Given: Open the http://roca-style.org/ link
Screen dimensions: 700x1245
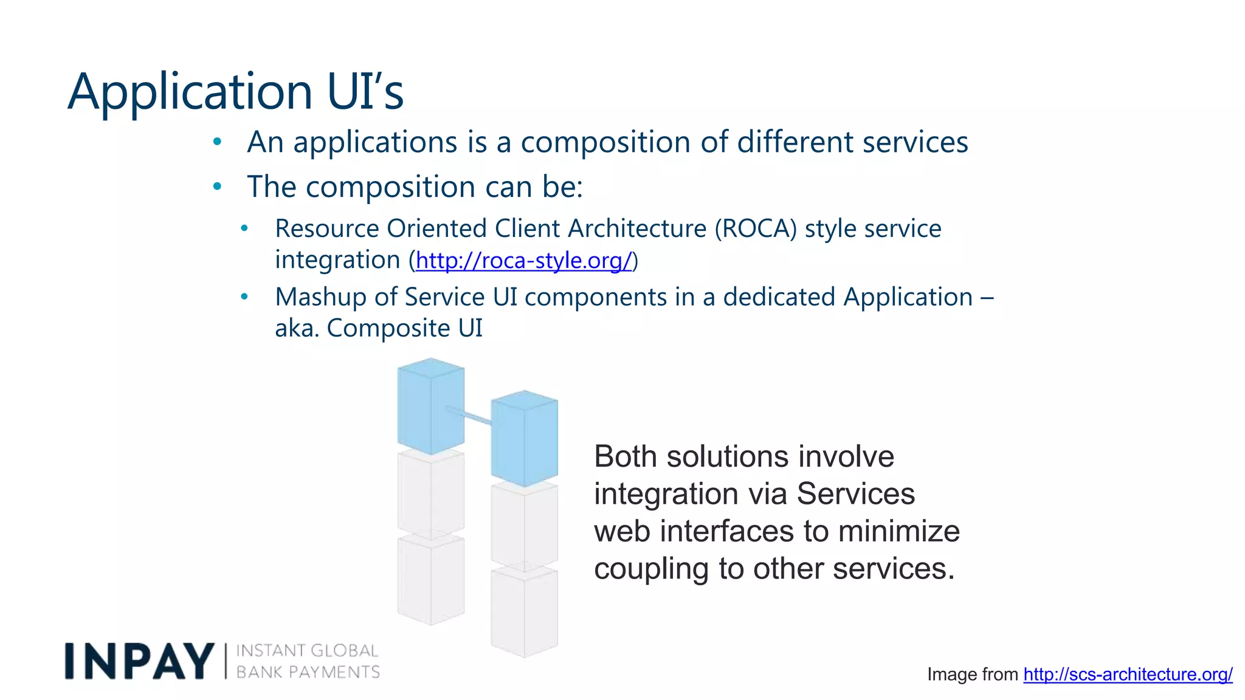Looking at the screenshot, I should coord(524,260).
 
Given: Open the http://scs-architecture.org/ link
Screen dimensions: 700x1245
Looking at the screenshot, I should coord(1128,674).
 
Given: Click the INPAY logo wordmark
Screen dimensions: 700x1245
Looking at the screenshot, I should coord(139,661).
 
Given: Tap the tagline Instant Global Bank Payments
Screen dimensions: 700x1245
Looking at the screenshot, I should coord(307,661).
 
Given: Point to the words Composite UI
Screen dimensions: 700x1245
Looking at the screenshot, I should coord(404,328).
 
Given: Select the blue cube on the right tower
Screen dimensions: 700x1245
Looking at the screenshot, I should coord(524,439).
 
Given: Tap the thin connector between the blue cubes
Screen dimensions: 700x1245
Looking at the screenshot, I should coord(470,416).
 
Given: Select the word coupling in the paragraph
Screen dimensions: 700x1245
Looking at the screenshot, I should coord(651,569).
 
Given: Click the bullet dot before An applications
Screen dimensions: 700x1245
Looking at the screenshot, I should coord(217,142).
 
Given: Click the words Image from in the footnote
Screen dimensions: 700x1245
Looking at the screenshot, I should coord(972,674).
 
